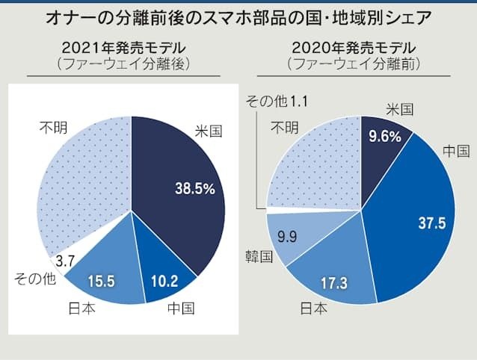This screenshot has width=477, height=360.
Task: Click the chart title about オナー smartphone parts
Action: tap(238, 16)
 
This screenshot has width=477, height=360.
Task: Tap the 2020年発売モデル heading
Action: tap(354, 48)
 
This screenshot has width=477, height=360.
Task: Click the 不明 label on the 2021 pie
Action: tap(53, 128)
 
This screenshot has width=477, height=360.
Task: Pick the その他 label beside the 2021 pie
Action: tap(34, 279)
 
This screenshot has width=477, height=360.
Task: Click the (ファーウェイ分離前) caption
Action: tap(354, 64)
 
